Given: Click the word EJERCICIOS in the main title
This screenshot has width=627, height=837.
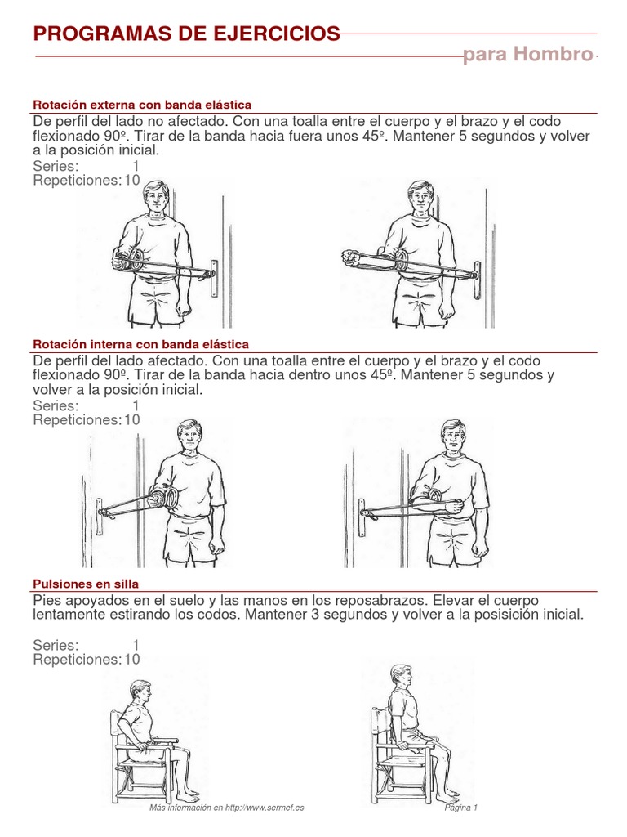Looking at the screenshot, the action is point(276,34).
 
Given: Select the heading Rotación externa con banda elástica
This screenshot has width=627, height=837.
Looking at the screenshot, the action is point(142,105).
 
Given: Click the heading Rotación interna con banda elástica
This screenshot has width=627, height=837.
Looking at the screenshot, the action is point(140,344).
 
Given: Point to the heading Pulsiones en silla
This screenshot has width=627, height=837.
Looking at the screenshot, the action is point(86,584).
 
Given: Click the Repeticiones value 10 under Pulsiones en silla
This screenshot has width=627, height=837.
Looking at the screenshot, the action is point(132,660).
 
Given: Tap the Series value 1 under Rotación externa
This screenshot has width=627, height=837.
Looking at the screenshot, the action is point(136,166).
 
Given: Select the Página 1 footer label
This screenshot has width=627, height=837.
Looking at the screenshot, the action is point(461,808).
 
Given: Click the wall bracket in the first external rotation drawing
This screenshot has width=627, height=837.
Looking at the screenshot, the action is point(215,278).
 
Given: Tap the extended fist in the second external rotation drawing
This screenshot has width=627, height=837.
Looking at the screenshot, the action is point(349,257).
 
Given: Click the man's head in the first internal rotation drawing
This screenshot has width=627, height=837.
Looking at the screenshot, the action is point(189,435).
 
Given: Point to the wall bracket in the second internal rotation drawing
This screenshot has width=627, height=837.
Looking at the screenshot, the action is point(362,517).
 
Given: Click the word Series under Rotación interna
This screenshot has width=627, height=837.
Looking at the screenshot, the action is point(56,405).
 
